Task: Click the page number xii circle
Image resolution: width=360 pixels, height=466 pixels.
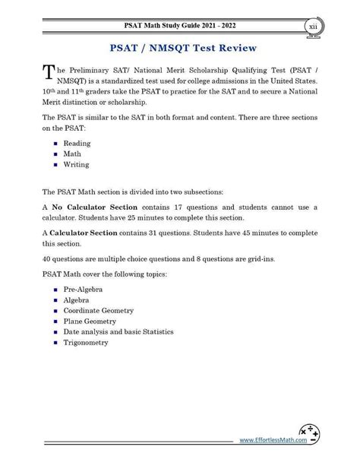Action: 314,27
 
